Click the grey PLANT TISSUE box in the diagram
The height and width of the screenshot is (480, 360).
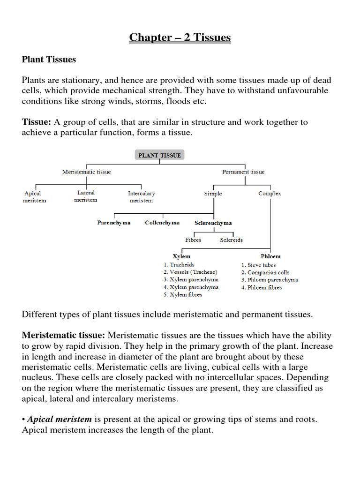[159, 155]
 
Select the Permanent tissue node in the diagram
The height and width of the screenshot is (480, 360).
[243, 172]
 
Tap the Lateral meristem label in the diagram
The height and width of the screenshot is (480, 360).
[86, 196]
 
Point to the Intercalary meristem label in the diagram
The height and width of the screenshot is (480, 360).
[141, 197]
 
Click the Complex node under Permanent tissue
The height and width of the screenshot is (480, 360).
[270, 194]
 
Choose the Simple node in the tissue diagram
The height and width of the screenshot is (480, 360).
[213, 194]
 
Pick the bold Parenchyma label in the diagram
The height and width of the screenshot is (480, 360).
[114, 223]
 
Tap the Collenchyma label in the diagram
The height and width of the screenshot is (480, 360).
[162, 223]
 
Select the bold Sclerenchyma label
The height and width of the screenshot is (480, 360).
[213, 223]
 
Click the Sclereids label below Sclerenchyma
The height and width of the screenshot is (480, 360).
[232, 240]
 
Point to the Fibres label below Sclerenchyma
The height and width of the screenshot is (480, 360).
[193, 240]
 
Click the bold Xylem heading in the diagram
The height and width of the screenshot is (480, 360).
[181, 256]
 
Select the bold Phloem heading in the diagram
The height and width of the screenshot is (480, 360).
[270, 256]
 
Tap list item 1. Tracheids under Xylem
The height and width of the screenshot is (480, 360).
[179, 265]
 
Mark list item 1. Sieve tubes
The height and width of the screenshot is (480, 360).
[259, 265]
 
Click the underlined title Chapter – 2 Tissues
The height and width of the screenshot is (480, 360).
[180, 37]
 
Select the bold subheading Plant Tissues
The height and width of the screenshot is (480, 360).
[49, 60]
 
